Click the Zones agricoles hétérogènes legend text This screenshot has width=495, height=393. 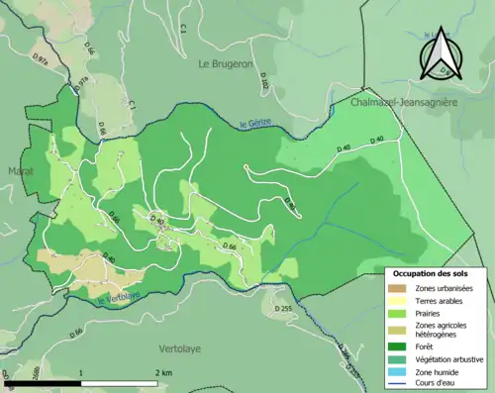441,330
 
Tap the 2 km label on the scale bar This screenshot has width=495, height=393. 162,372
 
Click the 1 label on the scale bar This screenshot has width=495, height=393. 81,372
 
